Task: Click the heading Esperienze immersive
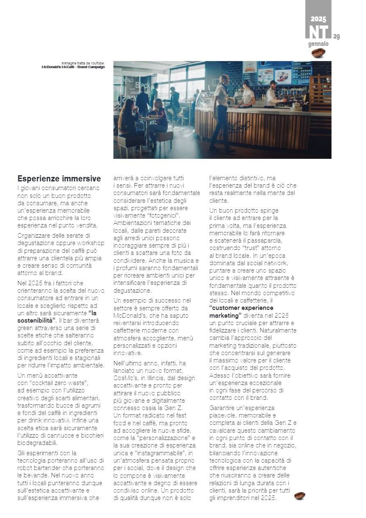[x=59, y=179]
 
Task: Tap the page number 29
[x=336, y=37]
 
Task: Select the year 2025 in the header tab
[x=318, y=19]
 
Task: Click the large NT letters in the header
[x=318, y=32]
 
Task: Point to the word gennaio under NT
[x=318, y=44]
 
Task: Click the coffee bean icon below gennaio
[x=318, y=53]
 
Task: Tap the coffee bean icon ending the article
[x=300, y=496]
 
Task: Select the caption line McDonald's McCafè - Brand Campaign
[x=73, y=67]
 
